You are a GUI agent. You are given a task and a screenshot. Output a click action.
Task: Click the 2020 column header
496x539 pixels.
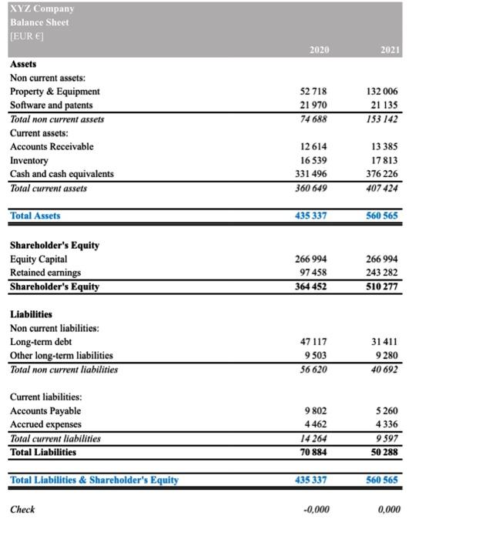point(319,49)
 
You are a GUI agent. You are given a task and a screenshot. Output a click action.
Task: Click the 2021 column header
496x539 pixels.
point(390,49)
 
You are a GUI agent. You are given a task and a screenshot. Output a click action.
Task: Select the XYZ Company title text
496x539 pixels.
point(42,8)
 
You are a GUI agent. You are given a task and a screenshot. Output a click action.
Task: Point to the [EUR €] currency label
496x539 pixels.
point(27,36)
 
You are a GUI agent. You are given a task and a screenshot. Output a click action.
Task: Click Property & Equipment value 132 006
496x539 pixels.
point(384,92)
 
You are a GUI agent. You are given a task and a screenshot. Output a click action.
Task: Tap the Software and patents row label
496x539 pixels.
point(51,105)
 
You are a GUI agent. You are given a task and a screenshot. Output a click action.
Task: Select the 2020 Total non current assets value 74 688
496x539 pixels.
point(313,119)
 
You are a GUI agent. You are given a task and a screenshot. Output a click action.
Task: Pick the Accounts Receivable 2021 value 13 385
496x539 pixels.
point(384,146)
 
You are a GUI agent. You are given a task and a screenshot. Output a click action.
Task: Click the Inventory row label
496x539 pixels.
point(28,160)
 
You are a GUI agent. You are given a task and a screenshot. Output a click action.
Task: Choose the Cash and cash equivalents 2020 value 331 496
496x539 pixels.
point(310,174)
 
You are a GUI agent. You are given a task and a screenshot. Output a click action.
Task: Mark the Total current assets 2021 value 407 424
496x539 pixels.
point(384,188)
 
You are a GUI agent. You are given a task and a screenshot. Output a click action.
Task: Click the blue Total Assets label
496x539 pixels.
point(35,216)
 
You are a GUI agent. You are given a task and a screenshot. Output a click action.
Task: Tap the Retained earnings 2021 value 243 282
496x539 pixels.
point(384,273)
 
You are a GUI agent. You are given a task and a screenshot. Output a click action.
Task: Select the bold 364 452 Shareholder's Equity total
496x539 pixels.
point(310,286)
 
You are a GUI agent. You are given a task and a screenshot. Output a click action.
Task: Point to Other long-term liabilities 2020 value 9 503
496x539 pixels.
point(315,356)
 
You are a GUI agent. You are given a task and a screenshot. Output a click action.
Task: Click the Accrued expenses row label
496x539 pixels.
point(45,425)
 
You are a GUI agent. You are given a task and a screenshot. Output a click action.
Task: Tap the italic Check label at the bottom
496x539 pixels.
point(22,509)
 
